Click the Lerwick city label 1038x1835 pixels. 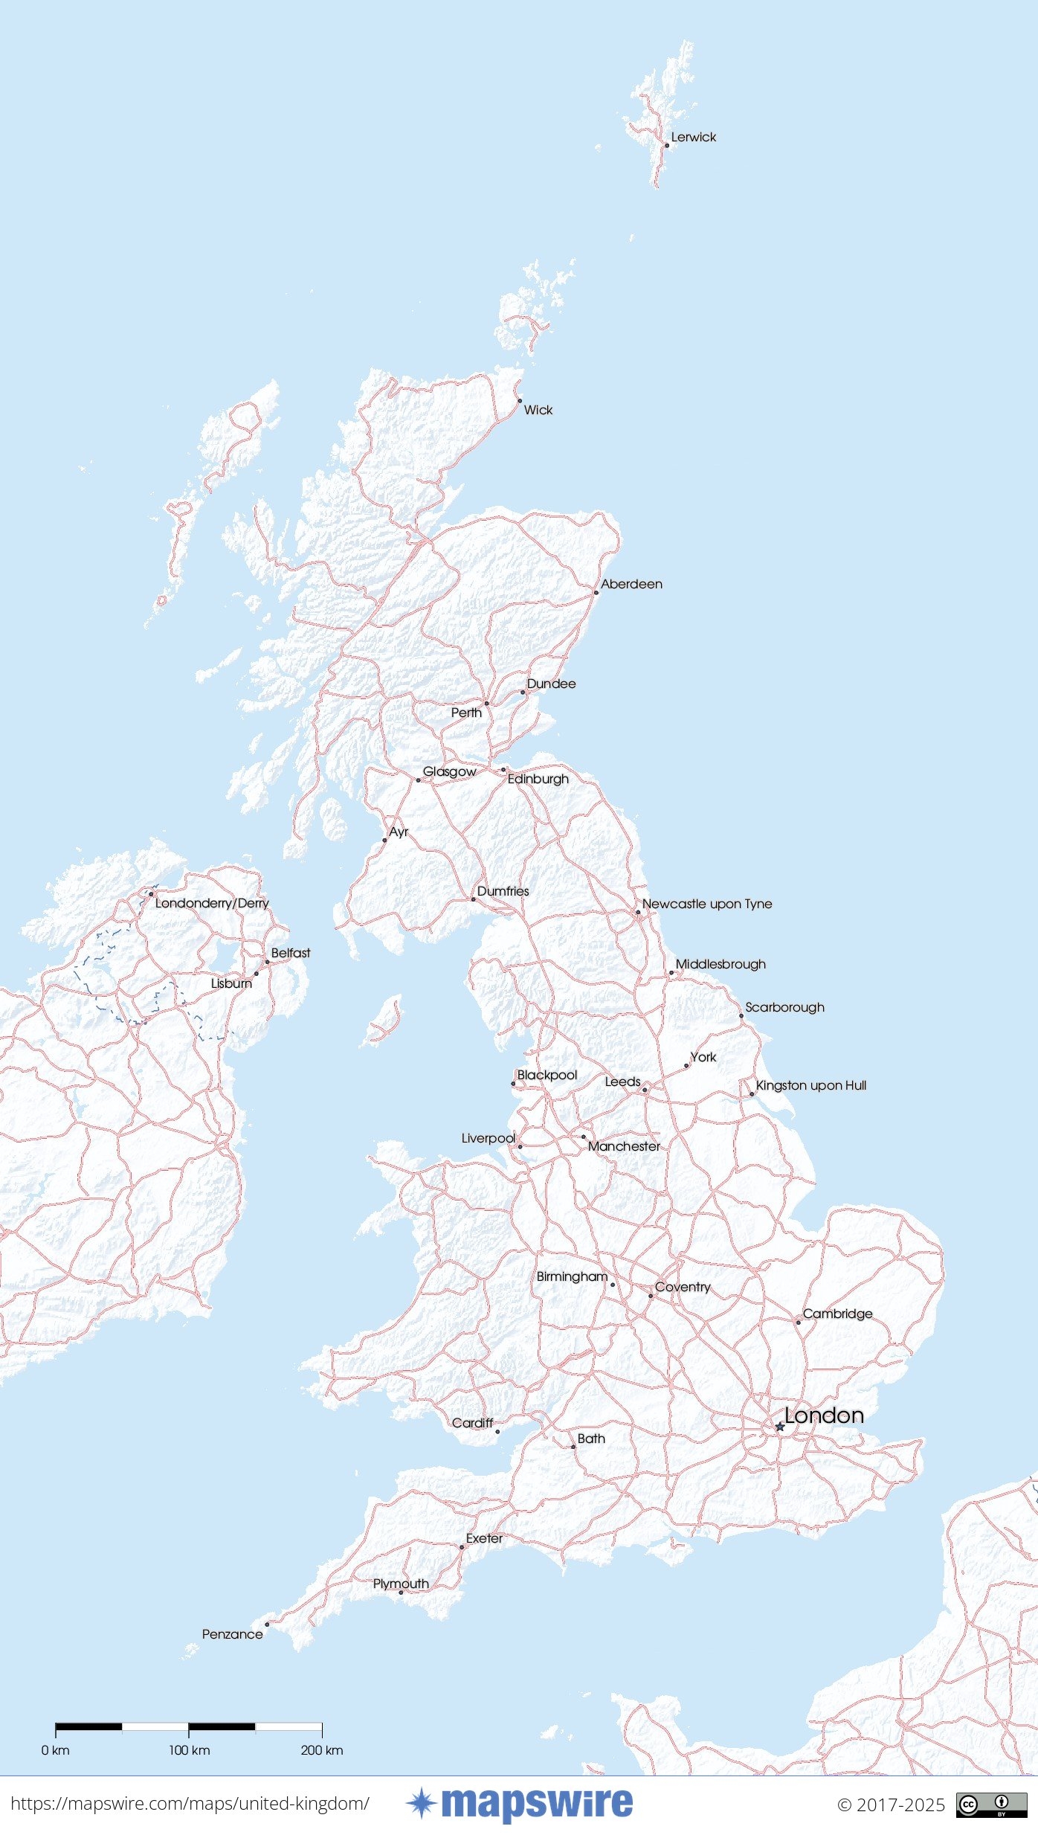[x=693, y=137]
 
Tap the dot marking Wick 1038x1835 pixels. [x=520, y=400]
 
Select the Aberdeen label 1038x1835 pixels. [x=631, y=584]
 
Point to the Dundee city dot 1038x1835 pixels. [x=523, y=692]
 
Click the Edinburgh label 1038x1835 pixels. [x=538, y=779]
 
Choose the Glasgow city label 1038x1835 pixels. [x=449, y=771]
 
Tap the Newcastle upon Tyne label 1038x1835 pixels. [x=706, y=904]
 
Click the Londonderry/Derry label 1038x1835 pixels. [x=212, y=903]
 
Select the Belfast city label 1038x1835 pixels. [x=290, y=953]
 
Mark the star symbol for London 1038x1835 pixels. [x=779, y=1427]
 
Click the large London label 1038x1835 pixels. [x=824, y=1415]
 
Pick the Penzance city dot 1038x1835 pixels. [x=267, y=1624]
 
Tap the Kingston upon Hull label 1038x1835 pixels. [x=810, y=1085]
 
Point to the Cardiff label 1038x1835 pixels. [x=472, y=1423]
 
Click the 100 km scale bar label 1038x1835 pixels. [x=189, y=1750]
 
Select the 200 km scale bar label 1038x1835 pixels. [x=322, y=1750]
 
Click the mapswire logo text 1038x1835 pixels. [x=536, y=1804]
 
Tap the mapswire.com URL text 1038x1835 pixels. [x=190, y=1804]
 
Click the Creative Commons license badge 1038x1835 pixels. [x=991, y=1805]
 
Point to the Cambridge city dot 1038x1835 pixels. [x=799, y=1323]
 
